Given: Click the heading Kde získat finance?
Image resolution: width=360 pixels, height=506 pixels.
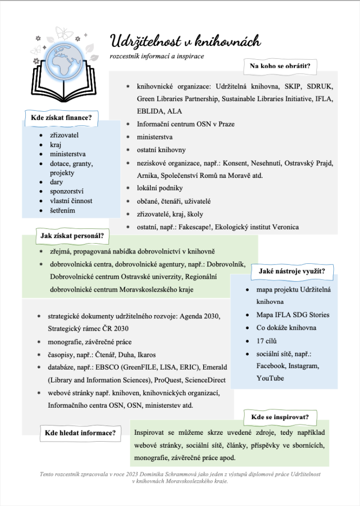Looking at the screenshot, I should pos(61,118).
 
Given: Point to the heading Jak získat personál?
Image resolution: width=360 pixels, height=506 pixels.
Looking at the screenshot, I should pos(72,236).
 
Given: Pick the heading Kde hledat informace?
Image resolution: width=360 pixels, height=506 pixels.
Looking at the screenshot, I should pos(80,433).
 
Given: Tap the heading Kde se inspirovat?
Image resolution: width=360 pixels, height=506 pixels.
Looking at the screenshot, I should pos(279,417).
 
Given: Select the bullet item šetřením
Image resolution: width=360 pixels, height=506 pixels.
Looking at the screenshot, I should pos(62,211).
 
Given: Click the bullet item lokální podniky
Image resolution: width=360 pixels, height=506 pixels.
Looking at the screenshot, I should pos(160,188).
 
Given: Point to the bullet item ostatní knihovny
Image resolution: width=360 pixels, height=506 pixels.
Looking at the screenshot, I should pos(161,150).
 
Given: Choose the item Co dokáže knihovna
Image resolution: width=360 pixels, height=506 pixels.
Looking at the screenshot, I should pos(286,328).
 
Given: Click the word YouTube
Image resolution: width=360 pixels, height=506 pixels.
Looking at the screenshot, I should pos(270,379).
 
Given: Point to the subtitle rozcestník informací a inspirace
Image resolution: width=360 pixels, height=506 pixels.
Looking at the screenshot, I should pos(157,56).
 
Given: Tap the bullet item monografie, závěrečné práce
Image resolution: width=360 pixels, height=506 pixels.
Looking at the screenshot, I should pos(90,342).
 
